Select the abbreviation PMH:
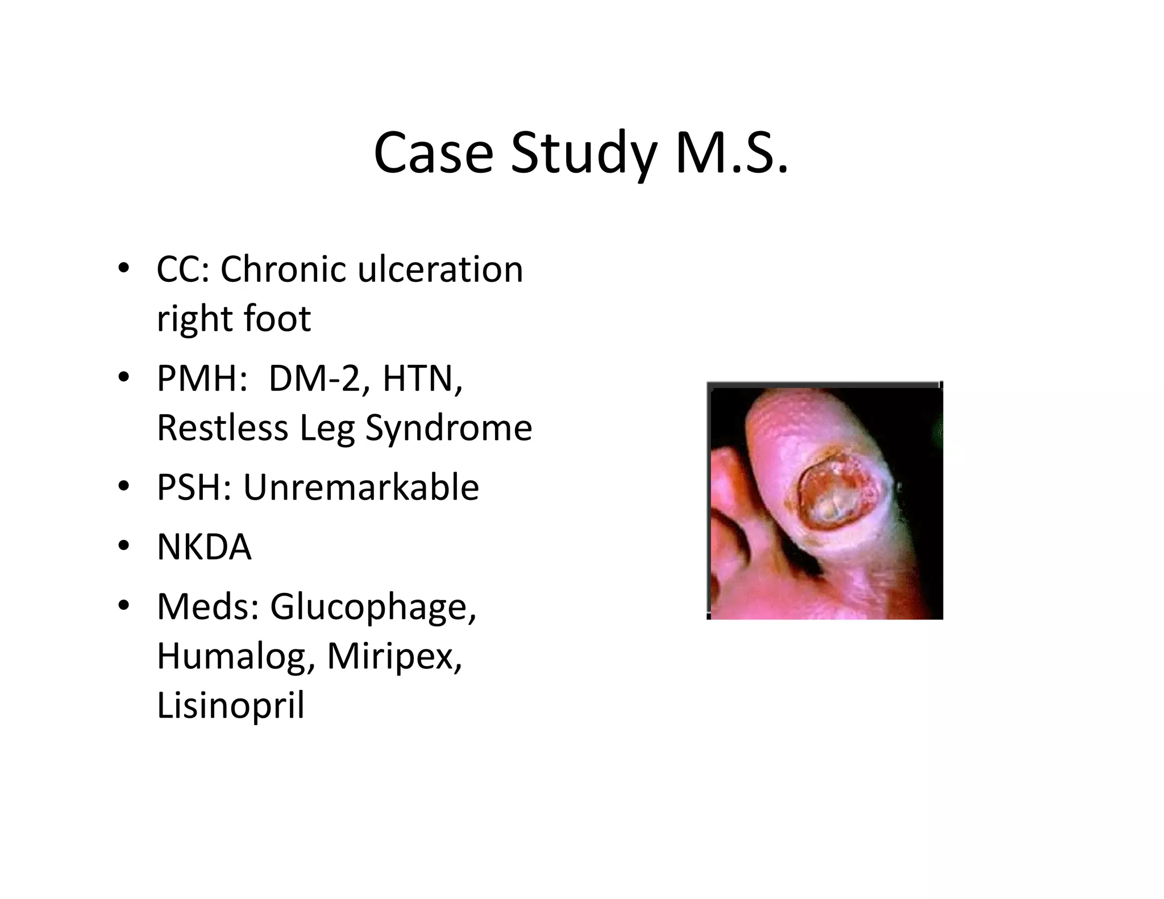pyautogui.click(x=202, y=378)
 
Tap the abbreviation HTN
pyautogui.click(x=422, y=378)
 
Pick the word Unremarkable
pyautogui.click(x=361, y=487)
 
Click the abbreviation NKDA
pyautogui.click(x=204, y=547)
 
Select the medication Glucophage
pyautogui.click(x=372, y=607)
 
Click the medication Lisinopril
pyautogui.click(x=231, y=705)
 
